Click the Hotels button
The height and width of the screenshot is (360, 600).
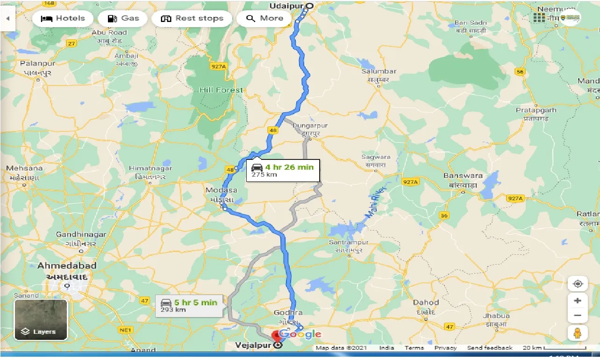click(x=63, y=19)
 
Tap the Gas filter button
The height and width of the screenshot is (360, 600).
click(x=123, y=19)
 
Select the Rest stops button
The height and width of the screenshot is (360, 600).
click(x=192, y=19)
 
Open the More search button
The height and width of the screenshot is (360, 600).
click(x=264, y=19)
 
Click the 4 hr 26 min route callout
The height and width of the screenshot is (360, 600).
click(x=283, y=170)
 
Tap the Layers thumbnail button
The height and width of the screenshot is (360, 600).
click(x=41, y=319)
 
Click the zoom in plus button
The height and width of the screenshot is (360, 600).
click(x=578, y=301)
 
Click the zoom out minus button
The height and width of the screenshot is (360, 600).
click(x=578, y=316)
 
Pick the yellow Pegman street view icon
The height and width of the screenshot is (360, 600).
click(x=578, y=333)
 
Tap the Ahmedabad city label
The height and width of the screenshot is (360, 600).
click(x=67, y=266)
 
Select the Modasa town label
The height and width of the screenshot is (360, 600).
click(x=221, y=190)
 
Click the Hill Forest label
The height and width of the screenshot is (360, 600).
click(x=221, y=90)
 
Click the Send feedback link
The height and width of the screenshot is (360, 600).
click(x=490, y=348)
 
